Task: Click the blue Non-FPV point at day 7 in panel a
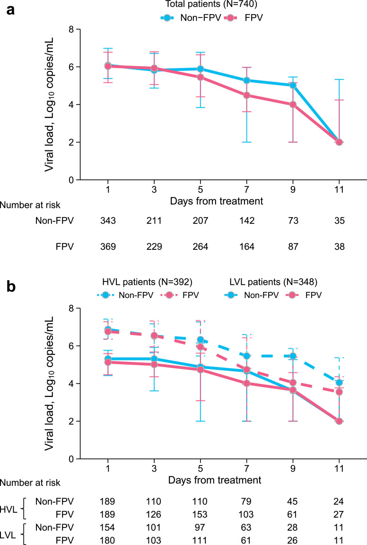click(246, 80)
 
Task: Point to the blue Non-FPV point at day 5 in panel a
click(201, 69)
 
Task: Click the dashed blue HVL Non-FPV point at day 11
click(339, 383)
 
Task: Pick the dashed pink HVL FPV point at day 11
click(339, 392)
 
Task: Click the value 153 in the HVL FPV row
click(201, 510)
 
